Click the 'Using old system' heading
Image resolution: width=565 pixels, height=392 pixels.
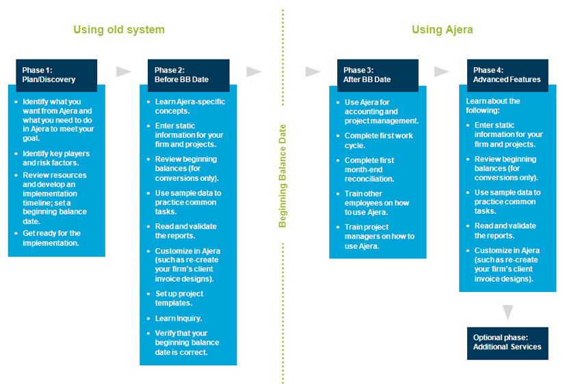coord(119,29)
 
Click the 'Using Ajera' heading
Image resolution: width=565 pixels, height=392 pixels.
coord(442,29)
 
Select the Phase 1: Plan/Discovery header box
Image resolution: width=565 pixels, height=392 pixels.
coord(57,75)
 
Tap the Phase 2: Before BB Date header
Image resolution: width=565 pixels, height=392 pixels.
coord(189,75)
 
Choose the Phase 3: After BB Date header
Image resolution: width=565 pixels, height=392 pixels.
coord(377,75)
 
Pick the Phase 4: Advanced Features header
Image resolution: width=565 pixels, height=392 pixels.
coord(507,75)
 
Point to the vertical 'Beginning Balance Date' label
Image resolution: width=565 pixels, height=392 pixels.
coord(282,175)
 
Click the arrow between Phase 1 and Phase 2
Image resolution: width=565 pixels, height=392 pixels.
coord(124,72)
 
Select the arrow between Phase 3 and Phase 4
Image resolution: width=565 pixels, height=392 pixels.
coord(442,72)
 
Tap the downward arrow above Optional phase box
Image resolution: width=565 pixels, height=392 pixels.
coord(508,313)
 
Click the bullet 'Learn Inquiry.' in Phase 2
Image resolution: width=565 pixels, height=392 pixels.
coord(178,318)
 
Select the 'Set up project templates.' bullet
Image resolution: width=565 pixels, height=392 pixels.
coord(179,298)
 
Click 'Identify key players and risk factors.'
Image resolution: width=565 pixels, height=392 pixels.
coord(55,158)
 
